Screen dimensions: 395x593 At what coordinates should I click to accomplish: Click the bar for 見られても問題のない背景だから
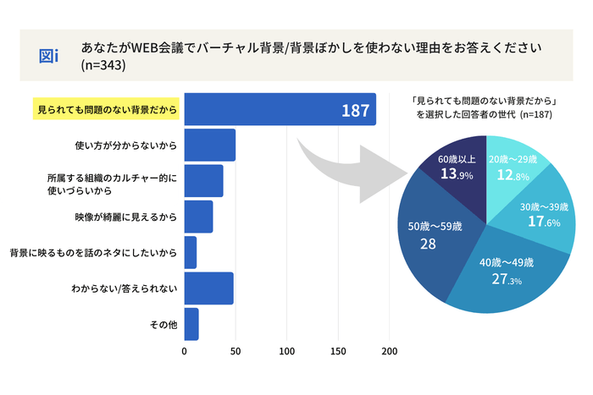pos(280,110)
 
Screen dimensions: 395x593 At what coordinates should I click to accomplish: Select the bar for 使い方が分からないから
pos(209,145)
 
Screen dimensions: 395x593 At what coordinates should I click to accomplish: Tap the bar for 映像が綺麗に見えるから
pos(198,217)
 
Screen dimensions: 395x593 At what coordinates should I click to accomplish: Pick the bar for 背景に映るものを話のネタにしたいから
pos(191,253)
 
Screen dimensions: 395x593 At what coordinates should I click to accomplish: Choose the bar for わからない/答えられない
pos(208,288)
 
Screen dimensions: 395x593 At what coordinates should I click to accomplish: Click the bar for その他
pos(191,324)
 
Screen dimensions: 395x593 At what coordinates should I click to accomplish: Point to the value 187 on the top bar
pos(354,111)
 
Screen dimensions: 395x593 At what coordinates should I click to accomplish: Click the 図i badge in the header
pos(49,56)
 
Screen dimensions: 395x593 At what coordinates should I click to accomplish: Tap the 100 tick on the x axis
pos(287,351)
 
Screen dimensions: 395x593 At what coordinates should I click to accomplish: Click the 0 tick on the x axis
pos(185,351)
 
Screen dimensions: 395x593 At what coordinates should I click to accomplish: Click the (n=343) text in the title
pos(103,66)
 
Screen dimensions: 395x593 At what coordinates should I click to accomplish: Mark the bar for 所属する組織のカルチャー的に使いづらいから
pos(203,181)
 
